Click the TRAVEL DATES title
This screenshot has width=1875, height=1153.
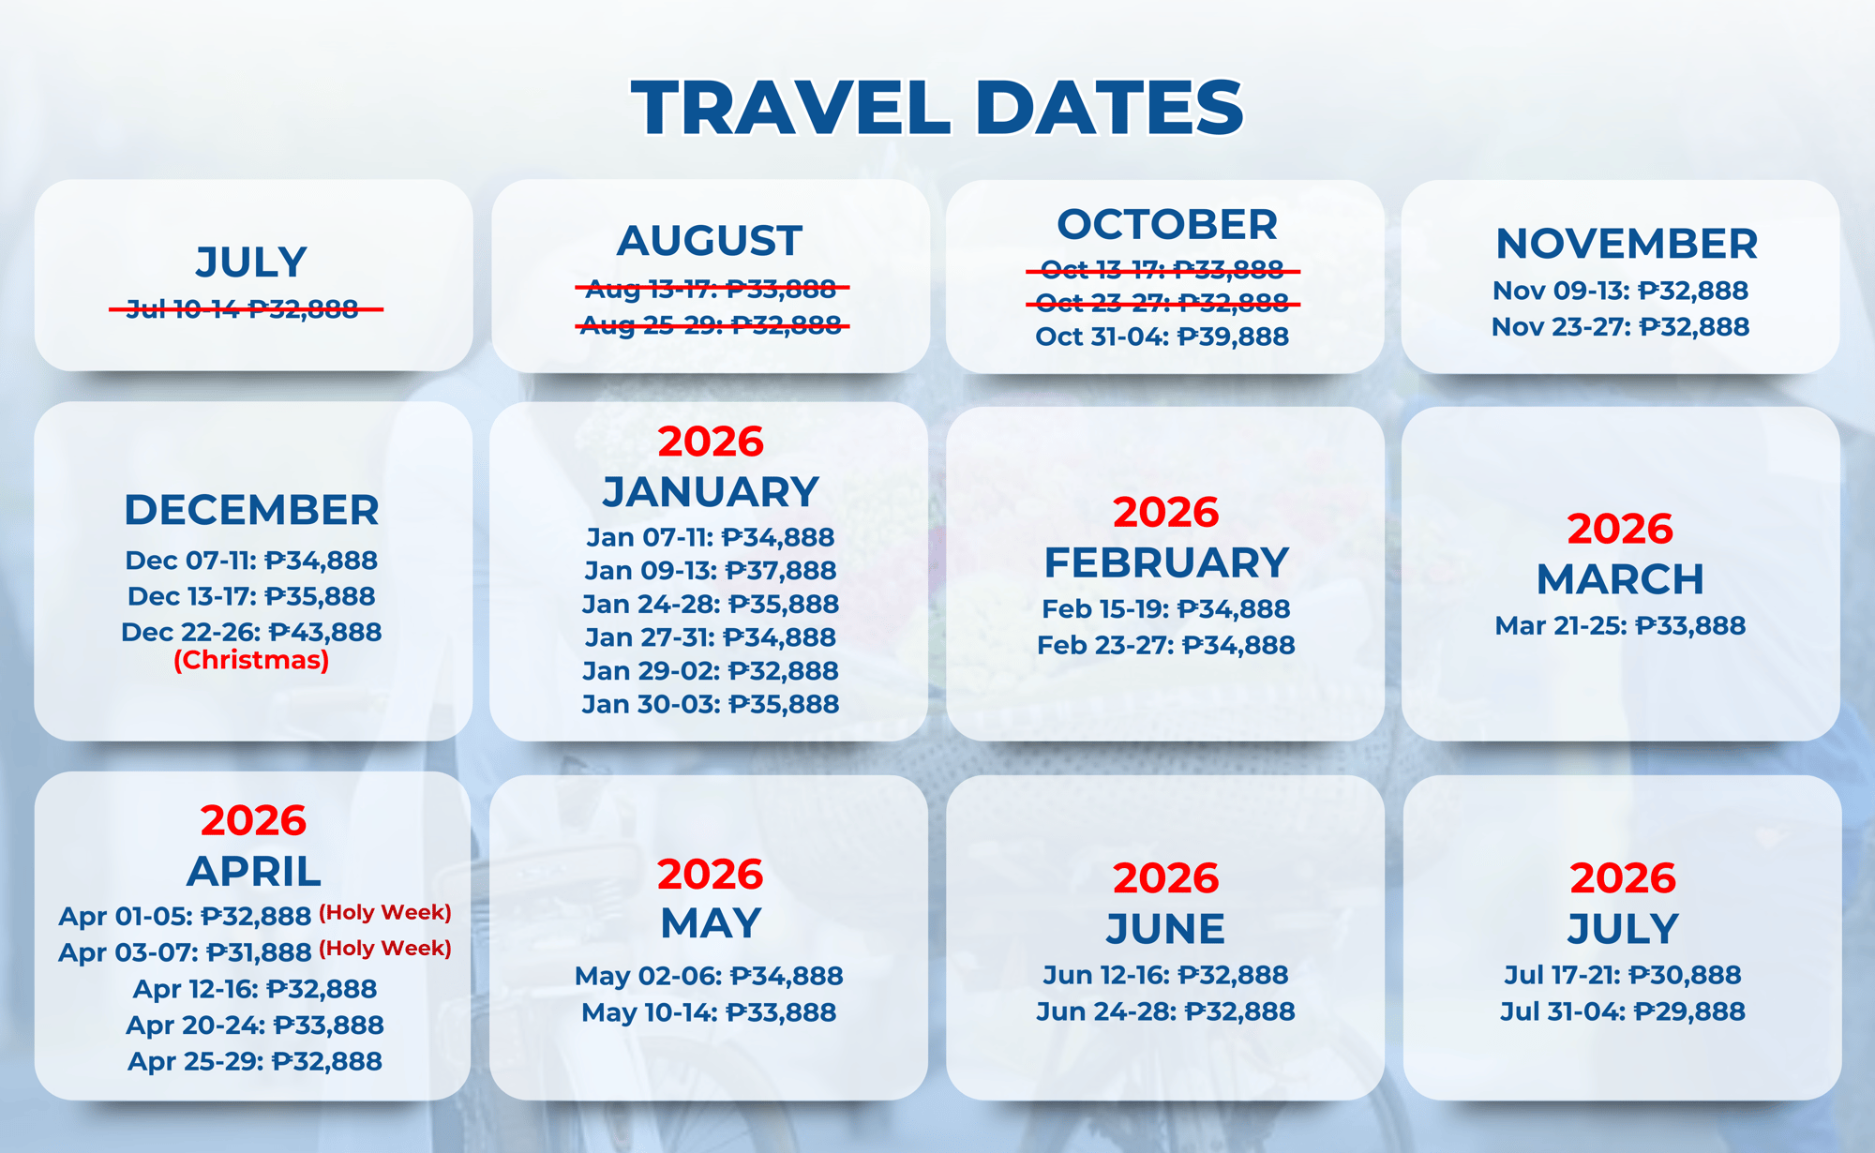point(937,108)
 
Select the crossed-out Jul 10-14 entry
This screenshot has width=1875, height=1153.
point(246,308)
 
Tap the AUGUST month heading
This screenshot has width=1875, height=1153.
point(710,241)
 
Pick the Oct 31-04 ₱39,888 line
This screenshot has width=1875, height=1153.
point(1162,337)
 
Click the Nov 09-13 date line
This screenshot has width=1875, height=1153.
point(1620,291)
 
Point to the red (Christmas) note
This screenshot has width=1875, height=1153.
point(251,660)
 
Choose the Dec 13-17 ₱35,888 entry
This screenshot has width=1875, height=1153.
point(251,596)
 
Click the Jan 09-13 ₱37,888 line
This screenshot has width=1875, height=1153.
point(711,570)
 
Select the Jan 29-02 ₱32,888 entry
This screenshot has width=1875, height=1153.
point(711,670)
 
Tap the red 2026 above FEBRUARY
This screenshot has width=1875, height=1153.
point(1165,513)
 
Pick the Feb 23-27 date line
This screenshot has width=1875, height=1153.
point(1165,645)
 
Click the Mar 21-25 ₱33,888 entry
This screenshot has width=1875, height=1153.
point(1620,625)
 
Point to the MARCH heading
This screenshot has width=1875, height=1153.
point(1620,579)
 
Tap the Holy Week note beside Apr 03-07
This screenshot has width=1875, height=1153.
point(385,949)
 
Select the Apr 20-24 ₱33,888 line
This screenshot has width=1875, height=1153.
point(255,1025)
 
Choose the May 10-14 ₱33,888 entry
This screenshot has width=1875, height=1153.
point(709,1012)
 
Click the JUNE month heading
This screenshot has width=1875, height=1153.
point(1165,929)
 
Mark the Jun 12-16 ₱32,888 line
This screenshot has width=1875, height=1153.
point(1165,975)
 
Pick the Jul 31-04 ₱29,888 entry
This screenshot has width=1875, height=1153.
point(1623,1011)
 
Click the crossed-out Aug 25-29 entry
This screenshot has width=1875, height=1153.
point(712,325)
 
